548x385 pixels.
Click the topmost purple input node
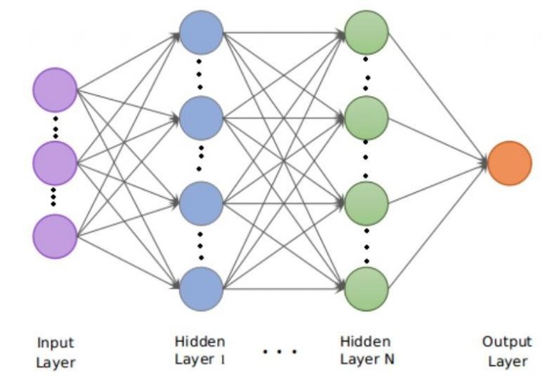[x=54, y=90]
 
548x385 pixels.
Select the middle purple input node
[x=54, y=163]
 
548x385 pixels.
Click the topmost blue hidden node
[x=201, y=32]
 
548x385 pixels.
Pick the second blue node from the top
[x=201, y=118]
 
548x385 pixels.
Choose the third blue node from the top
[x=201, y=203]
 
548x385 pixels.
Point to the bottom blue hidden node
[x=201, y=289]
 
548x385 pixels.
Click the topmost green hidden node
[x=366, y=32]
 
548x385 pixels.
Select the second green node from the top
[x=366, y=118]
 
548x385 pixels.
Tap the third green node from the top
[x=366, y=203]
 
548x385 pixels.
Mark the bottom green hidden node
[x=366, y=289]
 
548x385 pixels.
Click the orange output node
[x=509, y=163]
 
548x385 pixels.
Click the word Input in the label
[x=55, y=343]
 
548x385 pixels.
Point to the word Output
[x=507, y=342]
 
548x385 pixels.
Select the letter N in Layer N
[x=388, y=359]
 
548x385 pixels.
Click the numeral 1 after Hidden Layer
[x=220, y=359]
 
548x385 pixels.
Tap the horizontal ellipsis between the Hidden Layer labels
[x=280, y=351]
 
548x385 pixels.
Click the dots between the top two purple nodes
[x=54, y=126]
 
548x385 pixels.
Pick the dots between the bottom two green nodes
[x=366, y=246]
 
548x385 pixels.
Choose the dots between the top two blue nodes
[x=201, y=75]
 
